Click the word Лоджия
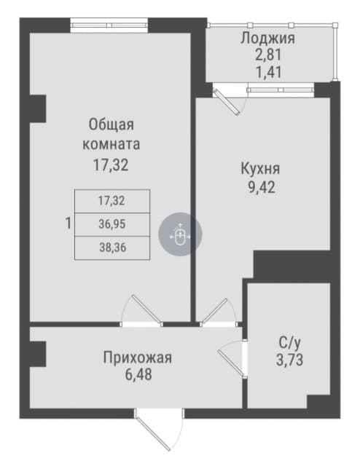coord(267,39)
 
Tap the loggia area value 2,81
coord(268,55)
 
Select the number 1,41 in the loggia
coord(269,72)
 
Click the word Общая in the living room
coord(111,125)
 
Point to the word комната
coord(111,144)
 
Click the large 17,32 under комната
coord(111,165)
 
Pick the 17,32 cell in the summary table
coord(112,201)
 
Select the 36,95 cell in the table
coord(112,224)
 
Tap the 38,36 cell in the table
coord(112,248)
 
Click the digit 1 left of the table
coord(69,224)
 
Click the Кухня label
coord(260,169)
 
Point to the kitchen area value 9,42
coord(262,187)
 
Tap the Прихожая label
coord(138,358)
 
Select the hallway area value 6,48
coord(138,374)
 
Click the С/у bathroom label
coord(290,343)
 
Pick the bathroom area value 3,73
coord(290,360)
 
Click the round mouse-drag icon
coord(180,234)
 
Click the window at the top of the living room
coord(109,25)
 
